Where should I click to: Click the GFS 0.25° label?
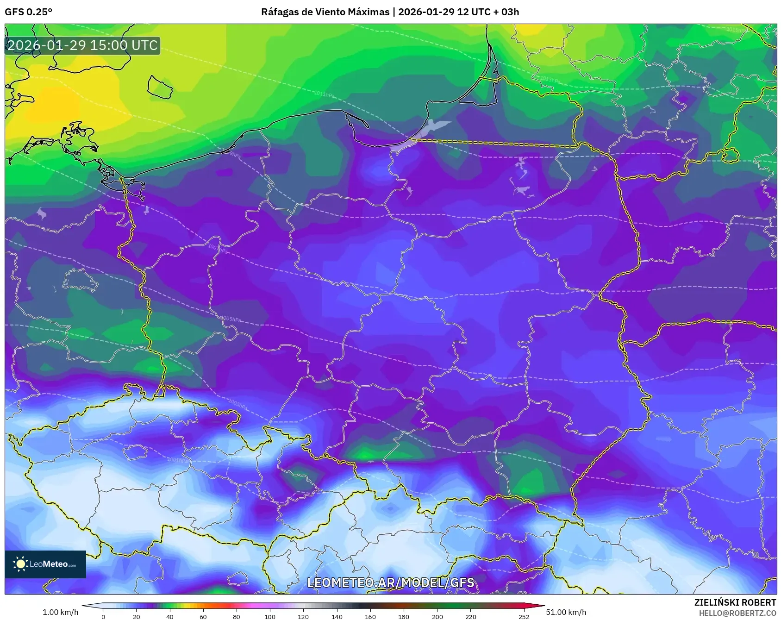[x=28, y=12]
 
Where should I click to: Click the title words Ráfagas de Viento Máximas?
[x=325, y=12]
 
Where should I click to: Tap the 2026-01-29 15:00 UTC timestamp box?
[x=82, y=45]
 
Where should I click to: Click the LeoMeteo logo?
[x=45, y=564]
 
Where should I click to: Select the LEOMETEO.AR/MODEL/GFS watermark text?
[x=390, y=582]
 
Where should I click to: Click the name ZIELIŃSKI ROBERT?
[x=735, y=602]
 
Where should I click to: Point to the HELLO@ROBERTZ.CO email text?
[x=737, y=613]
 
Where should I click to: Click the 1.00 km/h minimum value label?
[x=60, y=612]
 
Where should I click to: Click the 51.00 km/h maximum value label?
[x=566, y=612]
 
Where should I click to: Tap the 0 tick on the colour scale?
[x=103, y=616]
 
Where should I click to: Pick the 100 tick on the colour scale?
[x=270, y=616]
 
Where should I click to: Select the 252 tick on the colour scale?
[x=524, y=616]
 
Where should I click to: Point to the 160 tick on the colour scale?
[x=370, y=616]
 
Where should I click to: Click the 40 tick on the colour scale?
[x=170, y=616]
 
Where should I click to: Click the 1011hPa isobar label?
[x=324, y=94]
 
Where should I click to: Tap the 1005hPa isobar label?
[x=231, y=319]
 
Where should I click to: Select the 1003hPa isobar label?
[x=238, y=404]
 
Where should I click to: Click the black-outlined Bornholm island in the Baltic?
[x=160, y=87]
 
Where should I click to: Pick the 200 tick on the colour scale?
[x=437, y=616]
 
